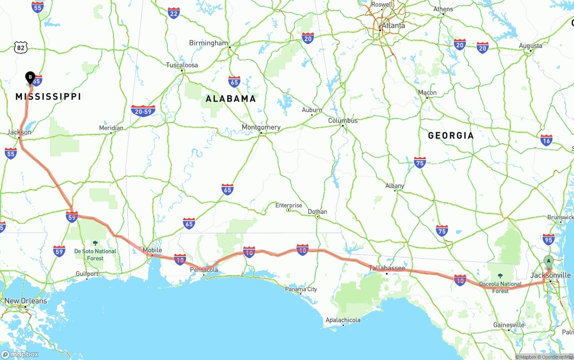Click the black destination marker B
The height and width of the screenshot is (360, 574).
[x=30, y=78]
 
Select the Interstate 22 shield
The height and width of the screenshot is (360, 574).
[x=174, y=13]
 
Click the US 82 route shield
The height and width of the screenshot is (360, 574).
[x=21, y=47]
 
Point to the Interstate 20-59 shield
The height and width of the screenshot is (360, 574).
[x=143, y=111]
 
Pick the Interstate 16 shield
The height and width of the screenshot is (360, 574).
[x=546, y=140]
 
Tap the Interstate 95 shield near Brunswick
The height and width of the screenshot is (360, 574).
[x=548, y=239]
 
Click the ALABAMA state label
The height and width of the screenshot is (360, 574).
[x=230, y=99]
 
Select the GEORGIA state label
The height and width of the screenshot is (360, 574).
[x=451, y=135]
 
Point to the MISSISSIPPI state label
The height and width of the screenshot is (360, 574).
[x=48, y=96]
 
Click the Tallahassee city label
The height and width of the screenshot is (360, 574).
[x=387, y=269]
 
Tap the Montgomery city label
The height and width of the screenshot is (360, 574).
[x=261, y=127]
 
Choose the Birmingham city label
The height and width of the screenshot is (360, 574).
[x=209, y=43]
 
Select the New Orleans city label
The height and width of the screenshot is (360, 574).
[x=26, y=301]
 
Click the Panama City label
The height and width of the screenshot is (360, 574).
[x=301, y=289]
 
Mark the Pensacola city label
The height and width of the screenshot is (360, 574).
[x=204, y=270]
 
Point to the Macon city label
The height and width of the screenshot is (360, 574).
[x=427, y=93]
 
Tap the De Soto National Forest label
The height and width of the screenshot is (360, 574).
[x=95, y=255]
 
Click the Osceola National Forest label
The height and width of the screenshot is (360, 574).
[x=500, y=287]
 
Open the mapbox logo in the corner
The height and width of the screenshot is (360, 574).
[x=20, y=354]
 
